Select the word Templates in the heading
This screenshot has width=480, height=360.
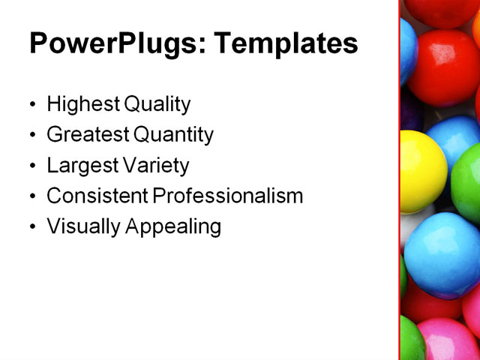[286, 43]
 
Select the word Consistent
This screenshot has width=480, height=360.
[97, 196]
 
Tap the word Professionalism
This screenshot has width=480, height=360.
[228, 196]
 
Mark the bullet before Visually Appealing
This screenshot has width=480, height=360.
[31, 227]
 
